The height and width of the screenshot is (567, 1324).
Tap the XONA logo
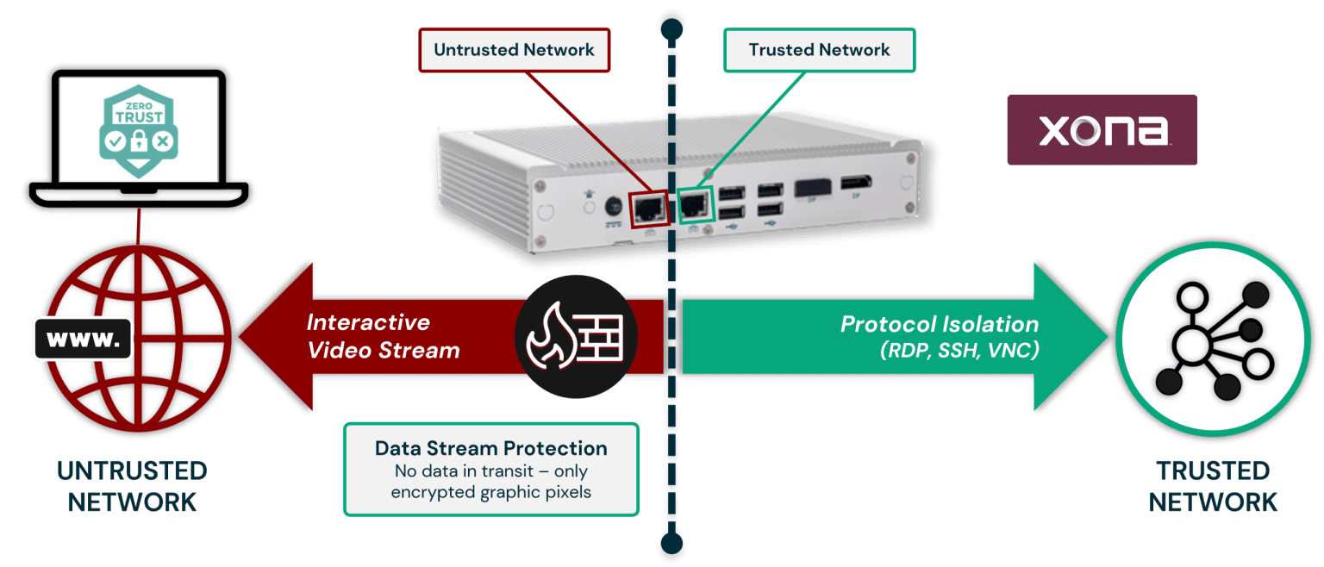(1102, 130)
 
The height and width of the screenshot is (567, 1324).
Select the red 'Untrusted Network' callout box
(514, 50)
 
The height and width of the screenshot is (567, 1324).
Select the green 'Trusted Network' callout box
(818, 50)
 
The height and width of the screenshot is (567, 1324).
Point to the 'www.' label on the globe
(83, 338)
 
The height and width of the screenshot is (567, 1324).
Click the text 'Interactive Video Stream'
(383, 336)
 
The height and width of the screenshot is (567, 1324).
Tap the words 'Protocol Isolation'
(940, 324)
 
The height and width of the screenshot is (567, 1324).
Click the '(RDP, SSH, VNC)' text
(959, 351)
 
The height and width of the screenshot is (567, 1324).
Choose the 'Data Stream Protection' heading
(490, 448)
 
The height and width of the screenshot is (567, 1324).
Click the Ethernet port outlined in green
(696, 205)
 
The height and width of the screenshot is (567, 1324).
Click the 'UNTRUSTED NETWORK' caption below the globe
(132, 486)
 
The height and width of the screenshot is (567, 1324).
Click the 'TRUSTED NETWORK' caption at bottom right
(1213, 486)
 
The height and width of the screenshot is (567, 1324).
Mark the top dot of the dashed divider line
(670, 25)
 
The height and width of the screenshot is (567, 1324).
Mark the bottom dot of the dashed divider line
(670, 545)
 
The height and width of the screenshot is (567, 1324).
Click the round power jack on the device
(615, 208)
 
